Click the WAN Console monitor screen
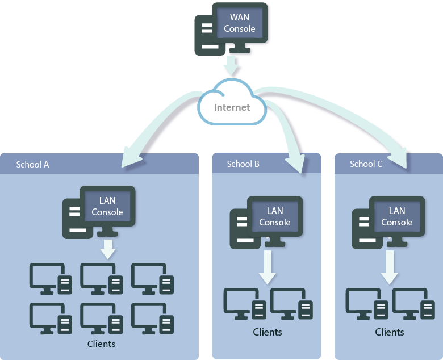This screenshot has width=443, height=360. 239,23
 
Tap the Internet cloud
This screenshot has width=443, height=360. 232,106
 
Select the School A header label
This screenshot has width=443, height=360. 32,164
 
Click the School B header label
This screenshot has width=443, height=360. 243,164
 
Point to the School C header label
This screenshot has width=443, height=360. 366,164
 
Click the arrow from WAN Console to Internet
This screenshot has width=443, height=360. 232,66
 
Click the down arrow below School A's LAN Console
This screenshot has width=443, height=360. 107,248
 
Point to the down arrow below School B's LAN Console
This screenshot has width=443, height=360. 268,267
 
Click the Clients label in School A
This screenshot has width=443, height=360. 101,344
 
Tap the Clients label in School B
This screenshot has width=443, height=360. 268,332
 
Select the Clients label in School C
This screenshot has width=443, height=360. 390,332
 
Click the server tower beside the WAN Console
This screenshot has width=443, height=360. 206,35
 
